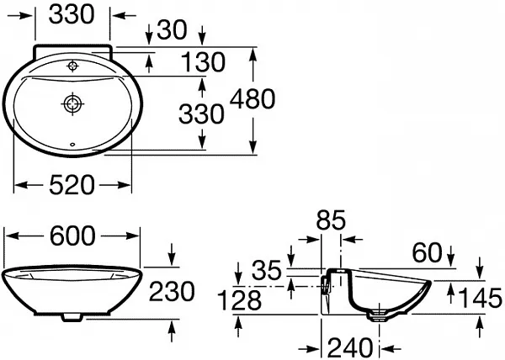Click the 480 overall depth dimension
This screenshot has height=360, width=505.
tap(252, 98)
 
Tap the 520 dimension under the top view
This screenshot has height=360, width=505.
tap(72, 185)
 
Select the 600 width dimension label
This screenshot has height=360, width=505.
tap(72, 236)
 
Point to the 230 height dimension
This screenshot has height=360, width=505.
tap(172, 291)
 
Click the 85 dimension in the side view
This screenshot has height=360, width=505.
tap(331, 220)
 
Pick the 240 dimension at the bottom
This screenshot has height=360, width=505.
tap(350, 347)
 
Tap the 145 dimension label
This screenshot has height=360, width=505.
tap(480, 298)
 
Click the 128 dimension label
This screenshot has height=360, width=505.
tap(239, 300)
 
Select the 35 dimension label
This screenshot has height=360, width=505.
tap(267, 270)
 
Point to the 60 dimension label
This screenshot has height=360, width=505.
tap(427, 252)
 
